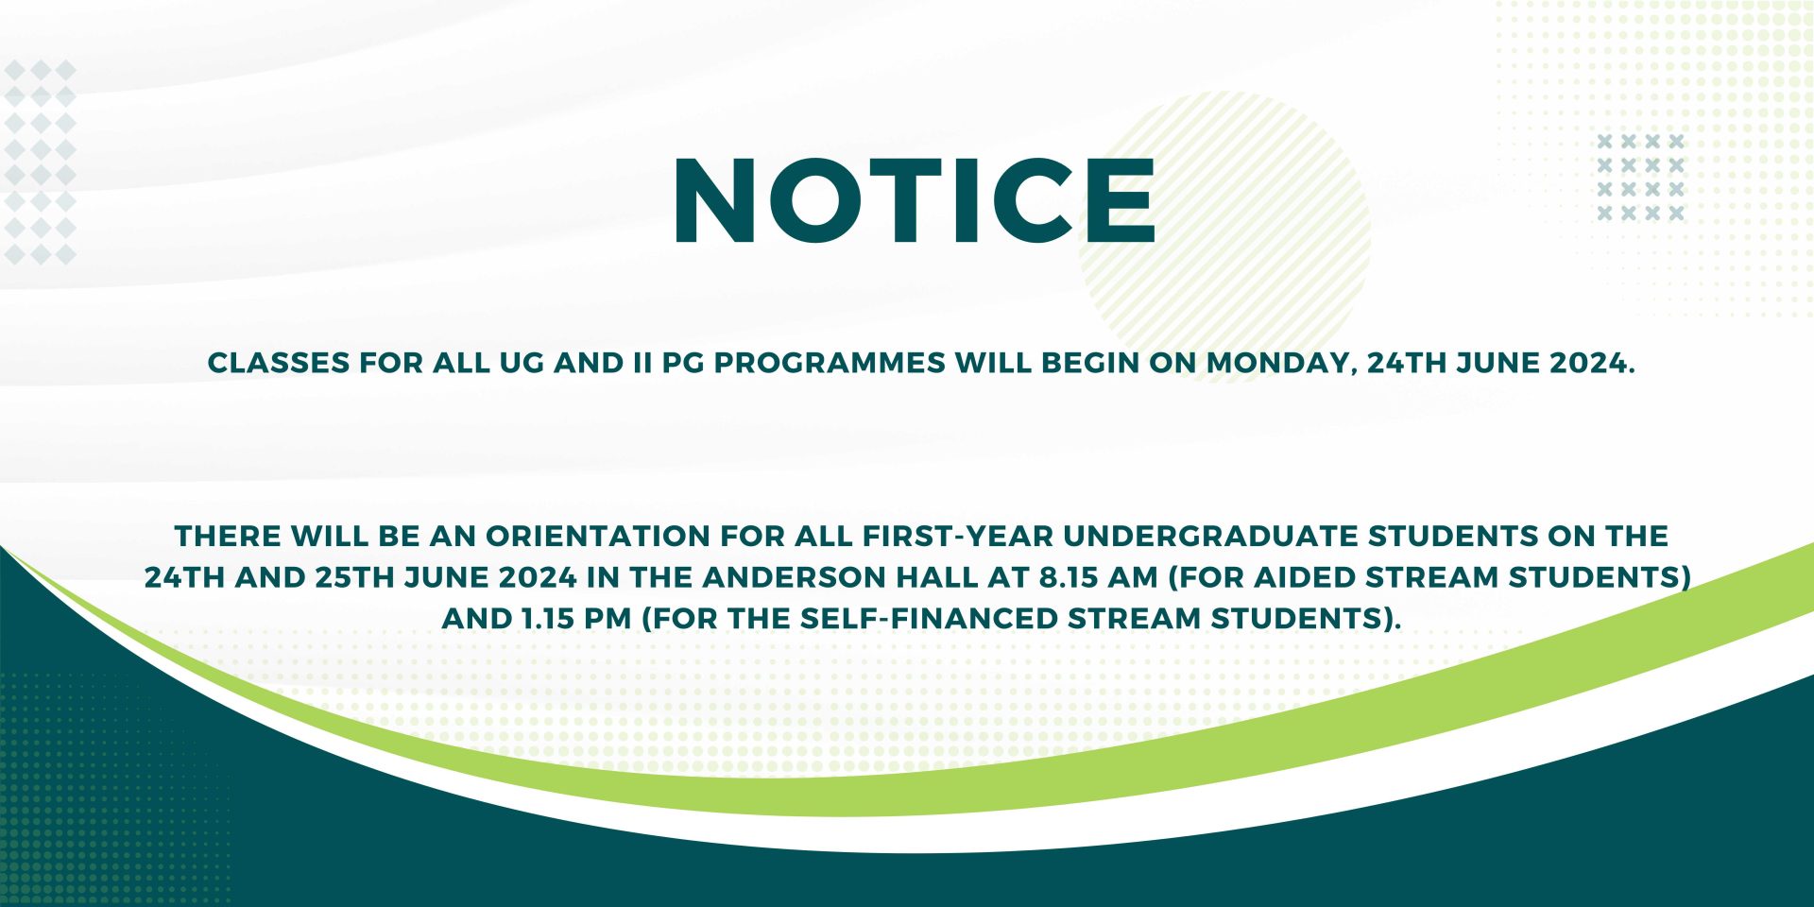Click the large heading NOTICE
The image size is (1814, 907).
pos(915,200)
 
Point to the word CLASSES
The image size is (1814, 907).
pos(279,363)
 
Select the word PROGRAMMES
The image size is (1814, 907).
pos(829,363)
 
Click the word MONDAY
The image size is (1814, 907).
pos(1281,364)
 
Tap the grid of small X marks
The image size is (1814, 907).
pos(1640,178)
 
